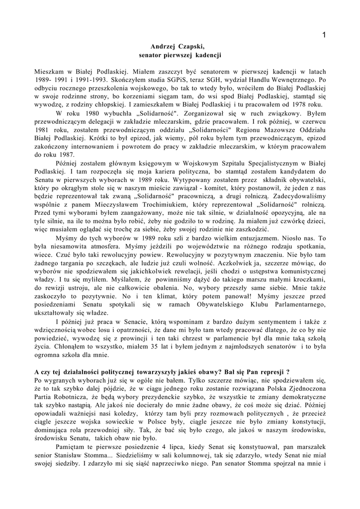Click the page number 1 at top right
(324, 34)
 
